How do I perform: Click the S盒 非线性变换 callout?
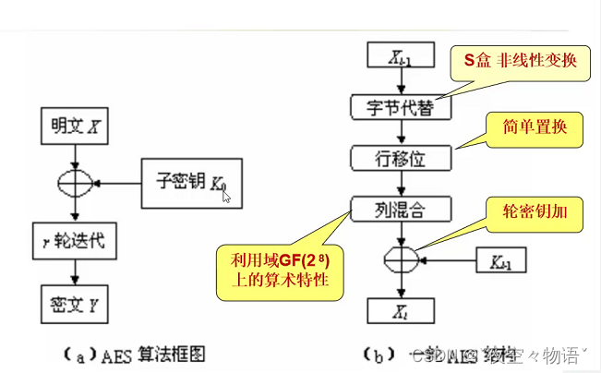click(x=520, y=62)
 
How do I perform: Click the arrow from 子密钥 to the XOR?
click(x=118, y=182)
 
